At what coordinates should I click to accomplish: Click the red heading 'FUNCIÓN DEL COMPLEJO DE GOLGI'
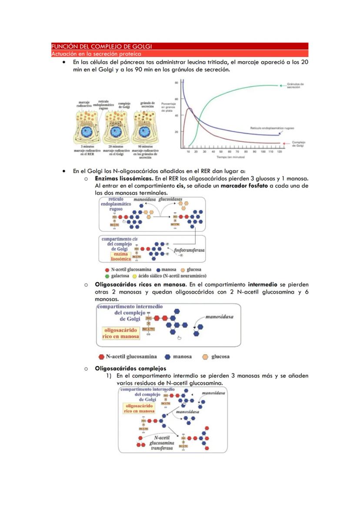101,46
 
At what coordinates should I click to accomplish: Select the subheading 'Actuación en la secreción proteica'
96,54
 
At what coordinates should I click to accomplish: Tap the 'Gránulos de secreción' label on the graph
296,86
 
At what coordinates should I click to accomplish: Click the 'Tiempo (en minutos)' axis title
231,157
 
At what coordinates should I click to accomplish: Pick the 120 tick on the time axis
279,152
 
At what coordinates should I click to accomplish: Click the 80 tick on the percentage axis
177,83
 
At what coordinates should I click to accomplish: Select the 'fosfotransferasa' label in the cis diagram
189,250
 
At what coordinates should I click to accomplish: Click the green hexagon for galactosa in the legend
107,276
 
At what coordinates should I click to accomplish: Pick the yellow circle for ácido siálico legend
135,276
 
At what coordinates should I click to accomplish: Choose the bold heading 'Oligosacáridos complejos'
124,369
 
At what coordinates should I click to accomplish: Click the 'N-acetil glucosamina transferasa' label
162,442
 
